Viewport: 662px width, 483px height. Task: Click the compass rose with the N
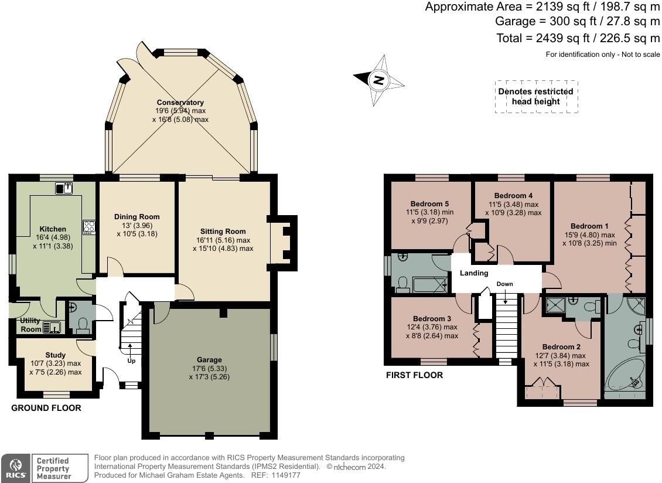(378, 80)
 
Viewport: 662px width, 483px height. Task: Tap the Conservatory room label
(180, 102)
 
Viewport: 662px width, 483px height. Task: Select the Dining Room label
(137, 216)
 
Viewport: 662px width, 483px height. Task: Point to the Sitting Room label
(223, 231)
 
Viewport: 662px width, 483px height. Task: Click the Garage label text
(209, 359)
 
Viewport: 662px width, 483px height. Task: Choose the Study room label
(55, 355)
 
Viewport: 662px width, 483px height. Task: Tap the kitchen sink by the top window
(64, 188)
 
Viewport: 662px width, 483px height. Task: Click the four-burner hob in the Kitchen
(89, 227)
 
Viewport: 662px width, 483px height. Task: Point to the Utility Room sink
(52, 327)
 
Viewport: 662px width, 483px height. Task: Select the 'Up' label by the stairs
(131, 361)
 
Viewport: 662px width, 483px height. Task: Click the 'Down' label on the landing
(504, 284)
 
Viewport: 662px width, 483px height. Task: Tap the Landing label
(474, 273)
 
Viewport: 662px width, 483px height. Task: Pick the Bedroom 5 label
(429, 203)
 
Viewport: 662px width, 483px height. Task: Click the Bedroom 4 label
(513, 196)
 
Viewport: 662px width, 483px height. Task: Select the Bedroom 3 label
(432, 319)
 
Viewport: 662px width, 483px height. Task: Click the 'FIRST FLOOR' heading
(415, 375)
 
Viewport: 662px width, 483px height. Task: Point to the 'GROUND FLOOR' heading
(46, 408)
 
